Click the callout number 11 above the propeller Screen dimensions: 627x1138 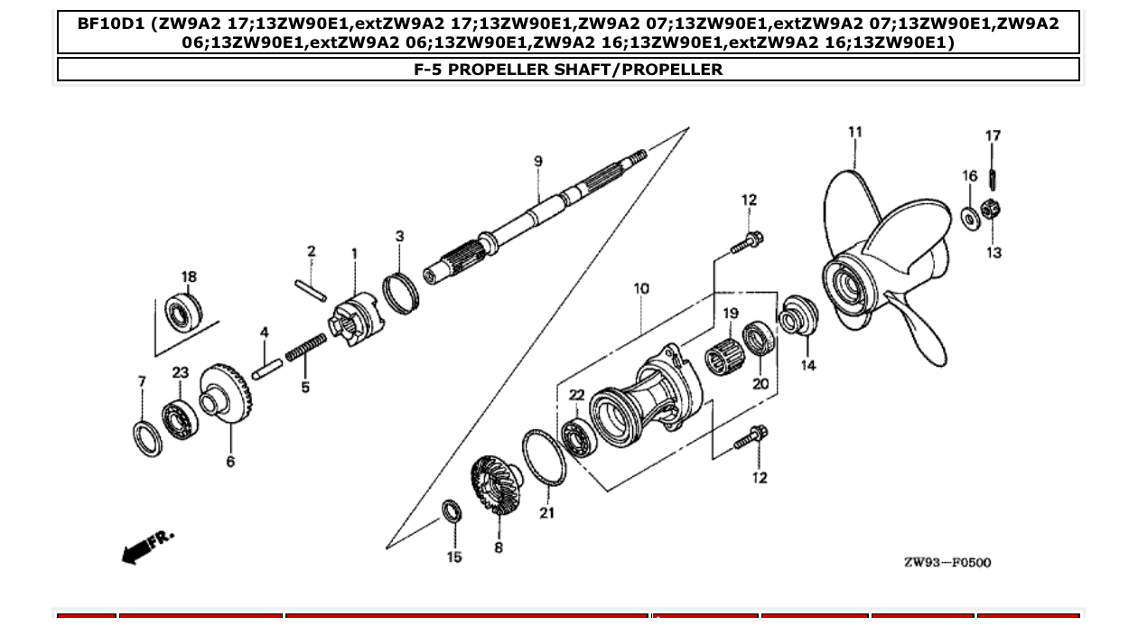pos(854,132)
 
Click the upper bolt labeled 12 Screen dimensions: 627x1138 pos(748,241)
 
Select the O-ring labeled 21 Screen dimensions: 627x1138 pos(544,459)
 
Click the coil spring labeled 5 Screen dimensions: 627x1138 pos(306,347)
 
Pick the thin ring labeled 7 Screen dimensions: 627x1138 pos(147,437)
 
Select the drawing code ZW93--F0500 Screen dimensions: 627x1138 pos(947,563)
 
